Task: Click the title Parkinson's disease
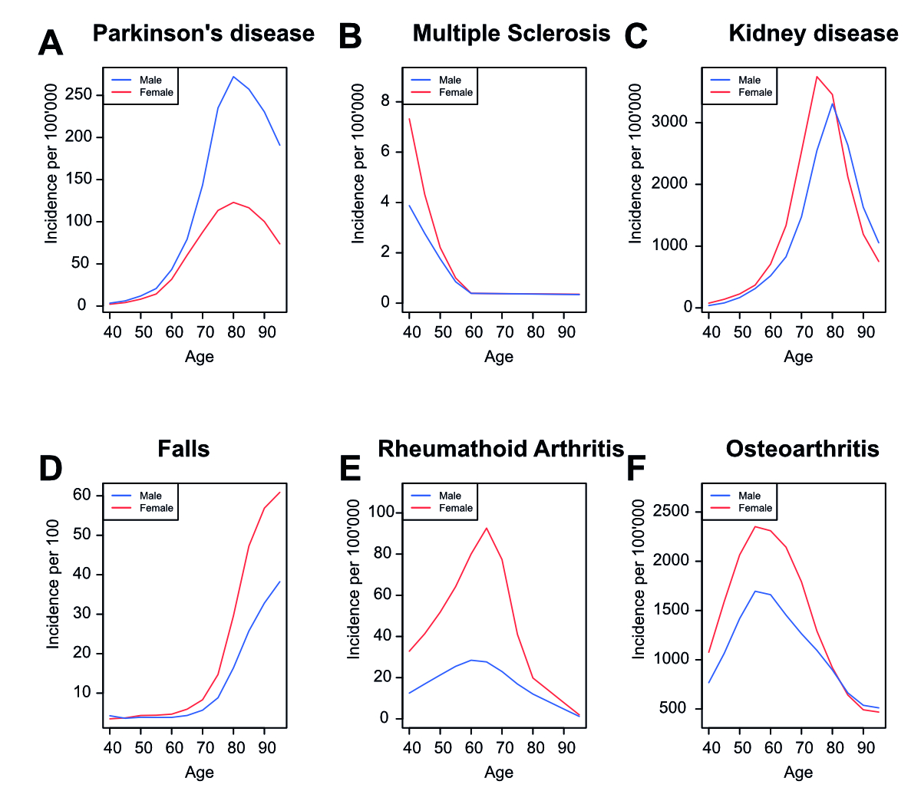(203, 34)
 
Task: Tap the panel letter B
(350, 37)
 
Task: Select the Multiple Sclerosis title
(511, 34)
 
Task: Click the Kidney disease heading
(814, 34)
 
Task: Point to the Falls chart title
(183, 449)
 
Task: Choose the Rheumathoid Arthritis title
(500, 449)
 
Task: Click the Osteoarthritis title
(802, 449)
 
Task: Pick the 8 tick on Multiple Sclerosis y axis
(386, 101)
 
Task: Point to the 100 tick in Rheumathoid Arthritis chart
(381, 513)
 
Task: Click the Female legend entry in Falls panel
(156, 508)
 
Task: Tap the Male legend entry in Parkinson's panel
(150, 80)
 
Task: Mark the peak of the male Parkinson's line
(233, 76)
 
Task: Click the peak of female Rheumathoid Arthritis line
(487, 528)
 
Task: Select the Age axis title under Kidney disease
(798, 357)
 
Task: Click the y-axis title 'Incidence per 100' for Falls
(53, 584)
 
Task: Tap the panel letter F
(636, 469)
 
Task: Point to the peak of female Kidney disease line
(817, 76)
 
